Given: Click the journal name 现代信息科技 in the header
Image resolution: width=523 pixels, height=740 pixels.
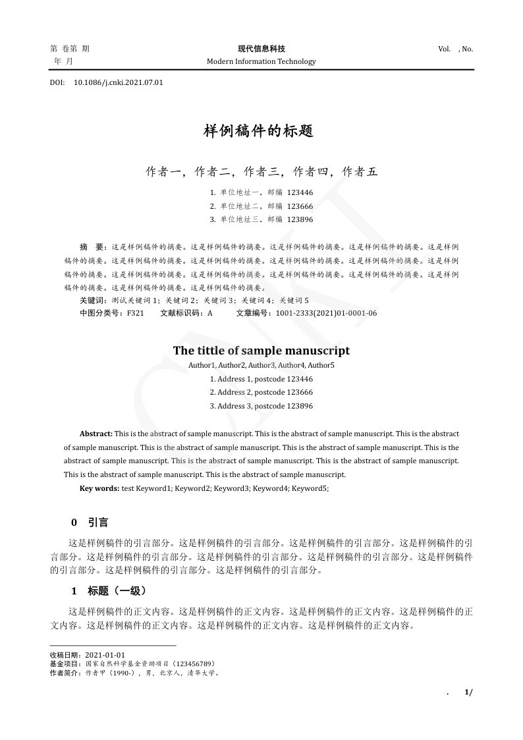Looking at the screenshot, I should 261,49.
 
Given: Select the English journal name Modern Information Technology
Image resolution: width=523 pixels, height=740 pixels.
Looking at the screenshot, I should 261,61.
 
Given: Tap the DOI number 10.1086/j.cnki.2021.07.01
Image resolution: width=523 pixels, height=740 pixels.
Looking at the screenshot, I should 119,83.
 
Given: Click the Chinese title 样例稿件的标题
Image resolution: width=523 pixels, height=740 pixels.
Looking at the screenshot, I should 258,131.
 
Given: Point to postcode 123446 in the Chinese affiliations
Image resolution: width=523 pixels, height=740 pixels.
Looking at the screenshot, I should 300,192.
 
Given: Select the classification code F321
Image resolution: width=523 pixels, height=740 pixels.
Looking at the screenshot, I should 135,313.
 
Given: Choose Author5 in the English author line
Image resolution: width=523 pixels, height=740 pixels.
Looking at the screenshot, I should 321,365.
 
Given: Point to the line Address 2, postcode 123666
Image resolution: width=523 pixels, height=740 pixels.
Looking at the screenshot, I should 261,392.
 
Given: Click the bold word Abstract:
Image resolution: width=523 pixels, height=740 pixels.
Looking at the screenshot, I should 96,434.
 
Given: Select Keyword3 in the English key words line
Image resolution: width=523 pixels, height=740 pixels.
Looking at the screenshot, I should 232,488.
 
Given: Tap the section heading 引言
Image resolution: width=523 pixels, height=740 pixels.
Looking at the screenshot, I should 98,523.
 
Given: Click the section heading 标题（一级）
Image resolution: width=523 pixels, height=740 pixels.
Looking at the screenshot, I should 117,590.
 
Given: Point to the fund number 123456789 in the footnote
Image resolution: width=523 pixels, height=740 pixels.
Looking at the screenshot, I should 192,664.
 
